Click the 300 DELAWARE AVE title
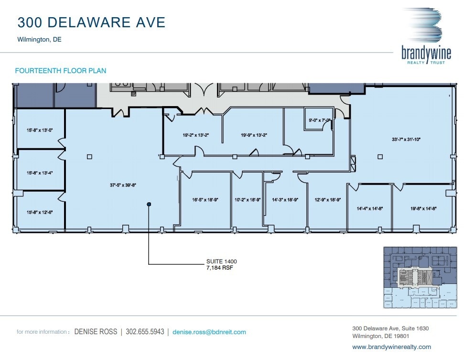point(91,22)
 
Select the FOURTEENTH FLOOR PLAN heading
point(61,71)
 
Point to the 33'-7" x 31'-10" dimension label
point(406,140)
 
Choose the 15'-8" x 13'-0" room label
point(40,130)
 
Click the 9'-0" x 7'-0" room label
point(320,120)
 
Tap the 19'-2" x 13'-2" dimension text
point(195,135)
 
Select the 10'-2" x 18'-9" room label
point(247,200)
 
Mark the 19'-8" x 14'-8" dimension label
point(423,208)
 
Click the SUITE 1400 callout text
point(221,262)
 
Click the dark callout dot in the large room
point(149,205)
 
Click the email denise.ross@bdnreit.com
point(209,332)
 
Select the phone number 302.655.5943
point(145,332)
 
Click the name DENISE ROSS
point(96,332)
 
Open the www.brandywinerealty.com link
point(391,347)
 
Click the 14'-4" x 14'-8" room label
point(370,208)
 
